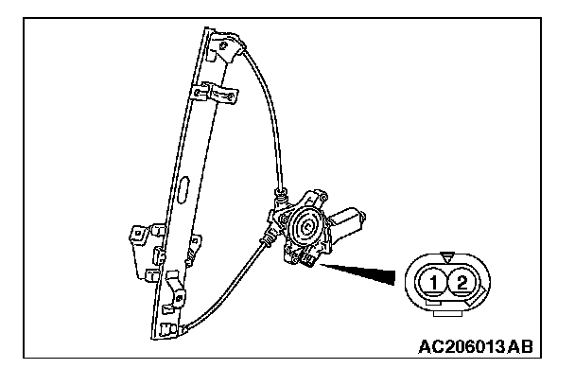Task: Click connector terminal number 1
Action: tap(431, 281)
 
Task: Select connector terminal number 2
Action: tap(461, 281)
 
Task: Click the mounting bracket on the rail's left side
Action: tap(139, 237)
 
